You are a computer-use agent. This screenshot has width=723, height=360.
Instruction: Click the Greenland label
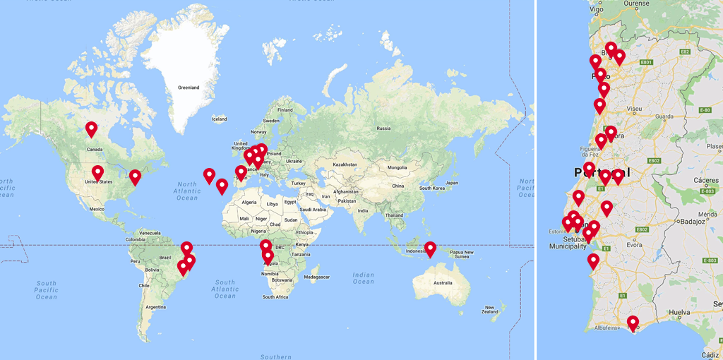[x=189, y=88]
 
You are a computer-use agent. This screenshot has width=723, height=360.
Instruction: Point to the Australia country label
[x=443, y=283]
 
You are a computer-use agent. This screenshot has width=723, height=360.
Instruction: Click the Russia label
[x=383, y=128]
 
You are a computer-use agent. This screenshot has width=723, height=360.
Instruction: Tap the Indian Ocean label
[x=364, y=277]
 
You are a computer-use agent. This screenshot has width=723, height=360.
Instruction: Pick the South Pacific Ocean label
[x=46, y=289]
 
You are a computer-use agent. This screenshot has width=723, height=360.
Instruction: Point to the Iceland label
[x=220, y=119]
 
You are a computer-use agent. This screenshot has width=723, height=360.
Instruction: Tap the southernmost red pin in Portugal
[x=633, y=324]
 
